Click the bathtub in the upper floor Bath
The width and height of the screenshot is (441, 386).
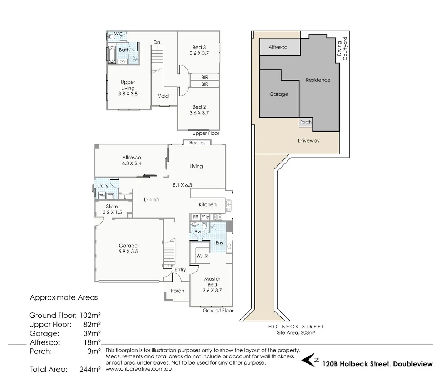tap(112, 55)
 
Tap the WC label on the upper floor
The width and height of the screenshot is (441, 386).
tap(118, 34)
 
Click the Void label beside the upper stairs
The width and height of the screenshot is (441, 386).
tap(163, 96)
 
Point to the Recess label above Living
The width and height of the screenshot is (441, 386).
tap(197, 143)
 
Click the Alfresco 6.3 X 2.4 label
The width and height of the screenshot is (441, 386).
tap(132, 160)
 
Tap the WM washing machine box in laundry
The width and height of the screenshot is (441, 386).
tap(102, 196)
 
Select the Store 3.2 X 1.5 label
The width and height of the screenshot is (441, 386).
tap(112, 209)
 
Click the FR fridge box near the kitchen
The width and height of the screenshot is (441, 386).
tap(195, 217)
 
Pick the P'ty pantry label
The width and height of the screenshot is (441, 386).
tap(205, 217)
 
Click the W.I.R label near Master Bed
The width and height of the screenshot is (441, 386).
tap(202, 256)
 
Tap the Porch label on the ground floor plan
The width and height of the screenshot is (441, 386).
tap(177, 291)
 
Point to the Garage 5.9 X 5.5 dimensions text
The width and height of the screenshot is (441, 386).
tap(128, 252)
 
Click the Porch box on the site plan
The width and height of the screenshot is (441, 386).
tap(306, 122)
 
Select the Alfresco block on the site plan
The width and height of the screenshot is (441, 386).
tap(278, 47)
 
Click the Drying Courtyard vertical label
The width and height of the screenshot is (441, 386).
tap(342, 48)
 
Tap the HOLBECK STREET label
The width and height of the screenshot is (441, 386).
tap(296, 327)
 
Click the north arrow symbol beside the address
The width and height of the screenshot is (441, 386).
tap(309, 361)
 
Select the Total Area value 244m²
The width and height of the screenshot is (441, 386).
tap(90, 370)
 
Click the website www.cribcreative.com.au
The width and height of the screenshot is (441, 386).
tap(139, 369)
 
